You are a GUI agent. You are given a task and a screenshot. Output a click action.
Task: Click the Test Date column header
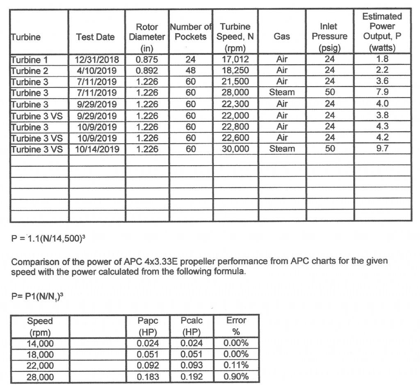pyautogui.click(x=96, y=37)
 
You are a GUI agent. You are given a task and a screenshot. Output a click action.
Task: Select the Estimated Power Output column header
pyautogui.click(x=382, y=32)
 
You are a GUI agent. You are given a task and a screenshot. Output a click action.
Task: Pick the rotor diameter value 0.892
pyautogui.click(x=147, y=71)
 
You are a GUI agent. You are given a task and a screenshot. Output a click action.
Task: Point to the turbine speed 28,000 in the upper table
pyautogui.click(x=235, y=93)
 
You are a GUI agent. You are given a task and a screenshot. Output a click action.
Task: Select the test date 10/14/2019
pyautogui.click(x=97, y=149)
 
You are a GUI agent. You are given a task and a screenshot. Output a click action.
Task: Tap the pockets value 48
pyautogui.click(x=191, y=71)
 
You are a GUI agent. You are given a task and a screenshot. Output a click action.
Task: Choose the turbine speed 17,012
pyautogui.click(x=235, y=60)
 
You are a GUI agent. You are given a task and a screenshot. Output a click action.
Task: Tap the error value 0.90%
pyautogui.click(x=236, y=377)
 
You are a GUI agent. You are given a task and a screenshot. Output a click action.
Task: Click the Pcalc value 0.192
pyautogui.click(x=192, y=377)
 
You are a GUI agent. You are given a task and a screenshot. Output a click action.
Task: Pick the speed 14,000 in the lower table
pyautogui.click(x=40, y=344)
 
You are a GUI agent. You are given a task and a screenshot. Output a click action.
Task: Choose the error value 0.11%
pyautogui.click(x=236, y=366)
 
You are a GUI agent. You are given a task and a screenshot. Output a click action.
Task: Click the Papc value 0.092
pyautogui.click(x=148, y=366)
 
